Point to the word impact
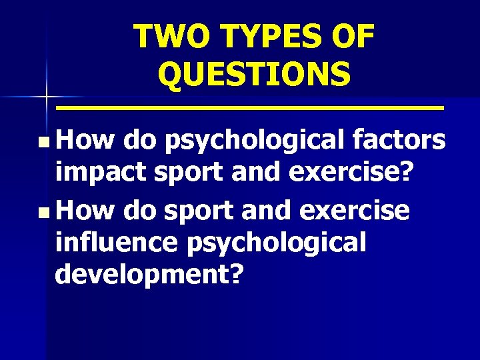point(102,175)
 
